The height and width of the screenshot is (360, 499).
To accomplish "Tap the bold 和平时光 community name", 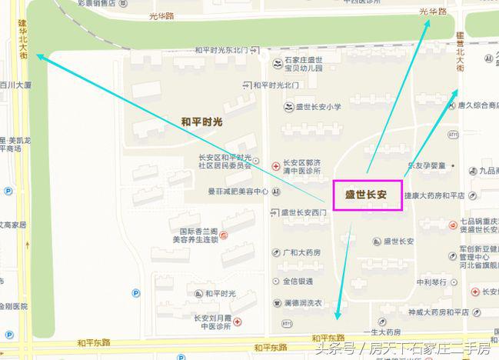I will pos(201,122).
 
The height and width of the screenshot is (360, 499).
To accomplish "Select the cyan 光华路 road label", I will pos(433,12).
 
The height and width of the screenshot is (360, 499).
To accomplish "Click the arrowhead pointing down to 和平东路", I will pos(336,315).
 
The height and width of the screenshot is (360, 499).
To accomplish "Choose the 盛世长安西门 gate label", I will pos(304,212).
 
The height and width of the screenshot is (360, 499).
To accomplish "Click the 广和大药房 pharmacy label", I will pos(301,252).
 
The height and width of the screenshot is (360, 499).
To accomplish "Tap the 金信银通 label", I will pos(298,282).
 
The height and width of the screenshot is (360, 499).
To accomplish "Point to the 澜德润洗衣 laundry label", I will pos(301,302).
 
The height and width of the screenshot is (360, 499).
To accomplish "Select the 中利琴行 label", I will pos(432,282).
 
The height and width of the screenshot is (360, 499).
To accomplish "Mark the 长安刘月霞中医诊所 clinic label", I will pos(212,321).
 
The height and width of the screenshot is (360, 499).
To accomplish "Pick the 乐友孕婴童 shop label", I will pos(427,165).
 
